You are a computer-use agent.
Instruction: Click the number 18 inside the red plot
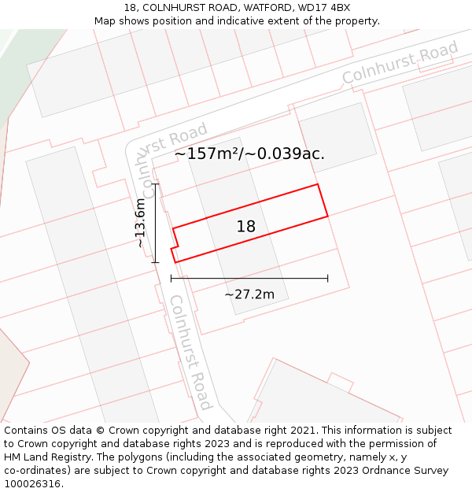[x=246, y=227]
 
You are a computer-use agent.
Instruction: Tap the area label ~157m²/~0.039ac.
[x=249, y=154]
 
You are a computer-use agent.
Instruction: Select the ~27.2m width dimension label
[x=249, y=295]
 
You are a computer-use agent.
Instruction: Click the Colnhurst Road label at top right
[x=400, y=65]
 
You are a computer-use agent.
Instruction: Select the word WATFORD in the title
[x=268, y=8]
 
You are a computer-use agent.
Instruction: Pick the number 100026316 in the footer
[x=34, y=484]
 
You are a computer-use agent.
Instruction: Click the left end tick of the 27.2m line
[x=171, y=278]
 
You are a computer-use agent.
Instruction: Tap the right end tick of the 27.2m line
[x=328, y=278]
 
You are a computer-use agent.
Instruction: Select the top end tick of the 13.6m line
[x=156, y=184]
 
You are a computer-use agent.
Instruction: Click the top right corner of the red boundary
[x=318, y=185]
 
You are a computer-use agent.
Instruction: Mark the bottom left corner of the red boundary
[x=175, y=262]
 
